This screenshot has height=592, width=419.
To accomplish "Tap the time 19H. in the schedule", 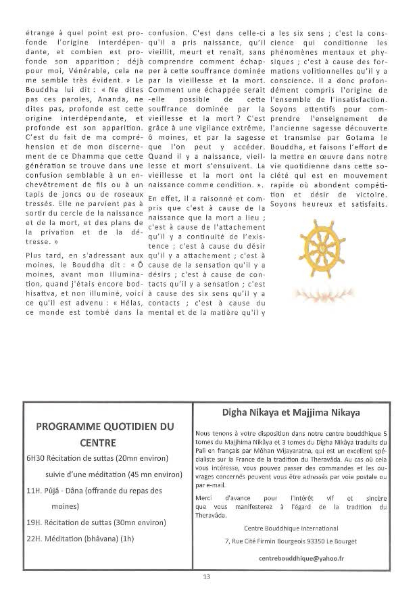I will click(x=35, y=522).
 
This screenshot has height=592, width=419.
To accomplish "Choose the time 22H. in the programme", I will click(x=35, y=539).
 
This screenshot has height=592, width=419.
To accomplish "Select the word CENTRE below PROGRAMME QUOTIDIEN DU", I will click(x=105, y=443).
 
